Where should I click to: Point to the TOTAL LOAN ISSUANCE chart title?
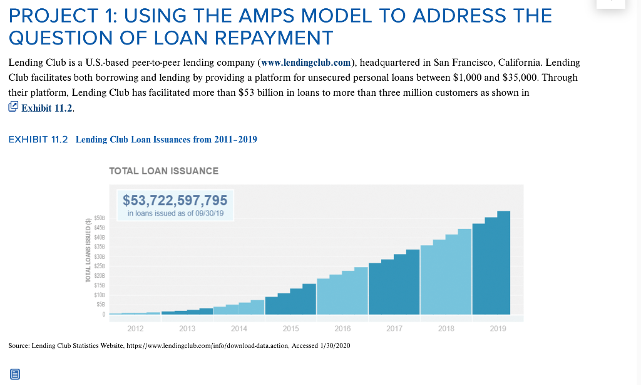(163, 171)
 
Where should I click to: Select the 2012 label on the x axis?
(135, 328)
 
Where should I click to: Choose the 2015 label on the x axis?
(290, 328)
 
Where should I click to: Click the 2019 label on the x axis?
(498, 328)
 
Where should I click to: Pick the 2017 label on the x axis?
(394, 328)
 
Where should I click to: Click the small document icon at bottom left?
(15, 374)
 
